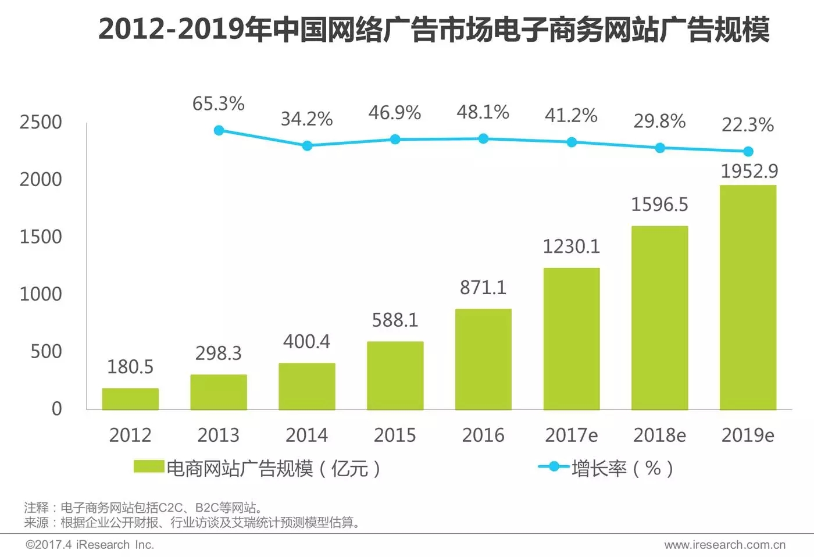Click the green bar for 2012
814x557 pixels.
tap(130, 399)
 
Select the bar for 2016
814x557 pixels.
tap(483, 359)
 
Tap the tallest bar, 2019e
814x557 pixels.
tap(748, 298)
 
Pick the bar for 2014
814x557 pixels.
tap(307, 387)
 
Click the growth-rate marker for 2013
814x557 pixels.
tap(219, 130)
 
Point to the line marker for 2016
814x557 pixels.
tap(483, 138)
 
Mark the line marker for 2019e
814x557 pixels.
tap(748, 151)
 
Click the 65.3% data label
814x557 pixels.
tap(219, 103)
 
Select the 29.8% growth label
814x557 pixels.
tap(659, 121)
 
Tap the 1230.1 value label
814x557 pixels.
tap(571, 247)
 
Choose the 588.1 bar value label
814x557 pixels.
tap(395, 320)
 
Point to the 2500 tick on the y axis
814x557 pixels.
tap(41, 122)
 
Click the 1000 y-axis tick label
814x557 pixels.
tap(41, 294)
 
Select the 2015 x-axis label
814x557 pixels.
tap(395, 435)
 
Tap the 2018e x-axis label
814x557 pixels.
tap(659, 435)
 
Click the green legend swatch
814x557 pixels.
tap(149, 467)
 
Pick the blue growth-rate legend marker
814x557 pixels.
tap(554, 466)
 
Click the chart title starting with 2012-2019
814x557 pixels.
tap(434, 29)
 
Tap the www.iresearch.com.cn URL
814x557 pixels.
tap(724, 545)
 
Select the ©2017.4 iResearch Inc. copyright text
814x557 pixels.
tap(90, 545)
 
